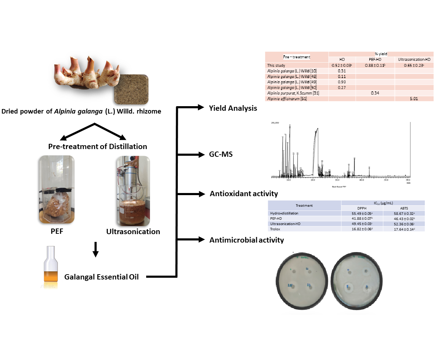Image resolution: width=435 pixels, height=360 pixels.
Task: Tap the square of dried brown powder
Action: pos(131,90)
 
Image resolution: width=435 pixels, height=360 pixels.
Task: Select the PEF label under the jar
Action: pos(57,231)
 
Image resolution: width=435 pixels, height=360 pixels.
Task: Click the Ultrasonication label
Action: pos(133,231)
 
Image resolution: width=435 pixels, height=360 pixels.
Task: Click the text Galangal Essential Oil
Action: pos(101,277)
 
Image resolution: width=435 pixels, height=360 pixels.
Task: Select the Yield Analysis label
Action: pos(233,108)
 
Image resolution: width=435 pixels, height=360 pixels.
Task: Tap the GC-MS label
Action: pos(221,154)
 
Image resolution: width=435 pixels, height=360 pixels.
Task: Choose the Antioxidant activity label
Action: pos(244,194)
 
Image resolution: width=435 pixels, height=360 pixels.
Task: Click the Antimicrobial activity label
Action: pos(246,240)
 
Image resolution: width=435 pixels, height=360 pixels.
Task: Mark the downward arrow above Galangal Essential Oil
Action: pos(95,249)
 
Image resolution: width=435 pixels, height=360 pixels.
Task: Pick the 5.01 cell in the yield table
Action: pos(414,99)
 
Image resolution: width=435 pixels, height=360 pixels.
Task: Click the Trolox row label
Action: pos(275,229)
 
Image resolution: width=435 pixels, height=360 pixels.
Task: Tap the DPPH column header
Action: pos(362,208)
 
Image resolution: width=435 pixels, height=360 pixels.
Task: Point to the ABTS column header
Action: pos(404,208)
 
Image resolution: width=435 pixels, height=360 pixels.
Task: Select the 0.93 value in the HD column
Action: pos(342,82)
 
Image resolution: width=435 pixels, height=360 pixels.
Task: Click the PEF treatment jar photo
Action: pos(57,189)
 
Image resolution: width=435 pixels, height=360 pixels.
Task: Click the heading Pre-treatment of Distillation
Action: pos(97,147)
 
